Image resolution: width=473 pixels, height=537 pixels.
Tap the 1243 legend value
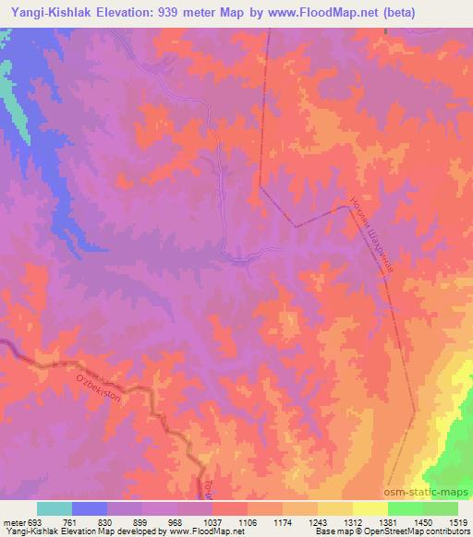tap(318, 521)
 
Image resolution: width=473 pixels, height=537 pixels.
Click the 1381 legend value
tap(388, 521)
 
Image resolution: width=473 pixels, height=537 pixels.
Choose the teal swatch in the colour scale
tap(55, 508)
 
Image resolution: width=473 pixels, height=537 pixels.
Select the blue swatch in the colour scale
tap(90, 508)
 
